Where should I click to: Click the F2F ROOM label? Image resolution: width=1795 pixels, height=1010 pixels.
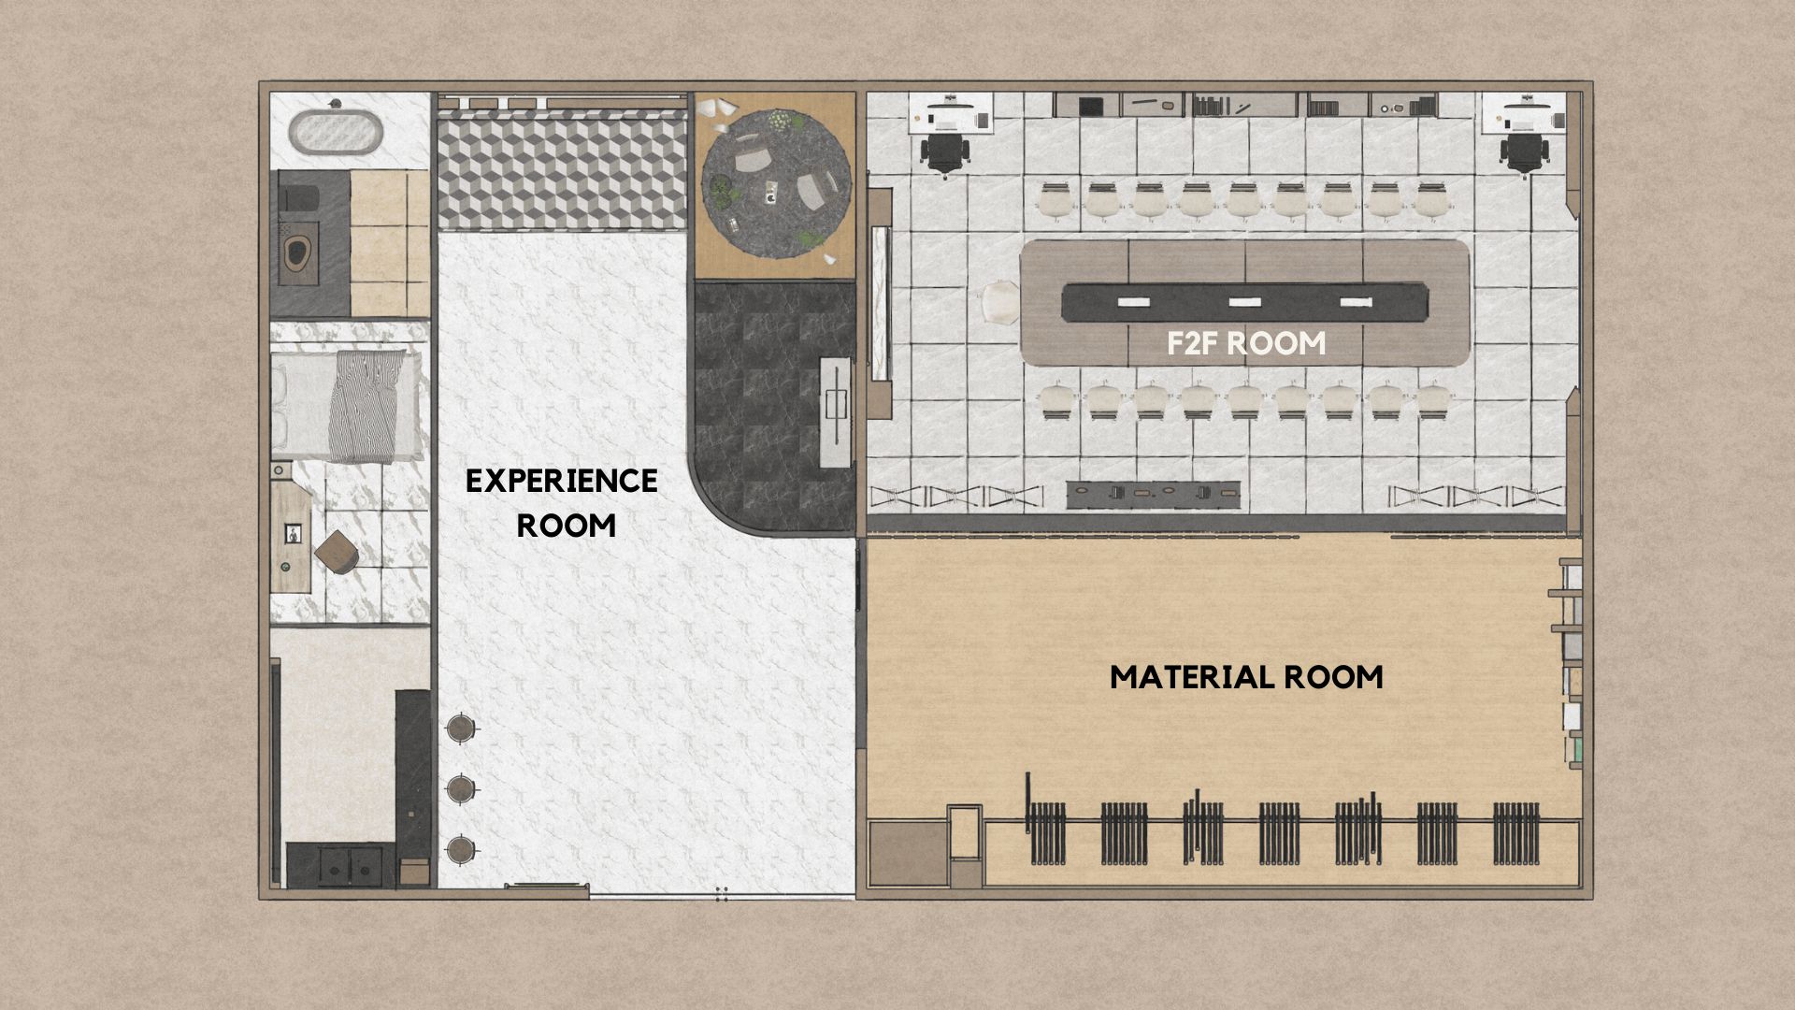coord(1246,343)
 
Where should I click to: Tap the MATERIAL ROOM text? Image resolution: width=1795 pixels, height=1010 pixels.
coord(1246,676)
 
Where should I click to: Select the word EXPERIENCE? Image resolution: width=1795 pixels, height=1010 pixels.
coord(562,481)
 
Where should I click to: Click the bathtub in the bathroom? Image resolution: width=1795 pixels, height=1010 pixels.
coord(336,133)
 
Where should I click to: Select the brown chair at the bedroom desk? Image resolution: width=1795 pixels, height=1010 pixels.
coord(336,552)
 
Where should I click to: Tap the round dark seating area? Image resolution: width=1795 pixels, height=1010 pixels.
coord(776,181)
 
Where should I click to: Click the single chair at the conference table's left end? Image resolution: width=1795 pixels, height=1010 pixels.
coord(998,303)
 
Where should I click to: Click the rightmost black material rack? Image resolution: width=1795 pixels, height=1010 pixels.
coord(1515,832)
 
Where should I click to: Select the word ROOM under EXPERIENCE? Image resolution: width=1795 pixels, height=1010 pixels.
coord(567,525)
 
